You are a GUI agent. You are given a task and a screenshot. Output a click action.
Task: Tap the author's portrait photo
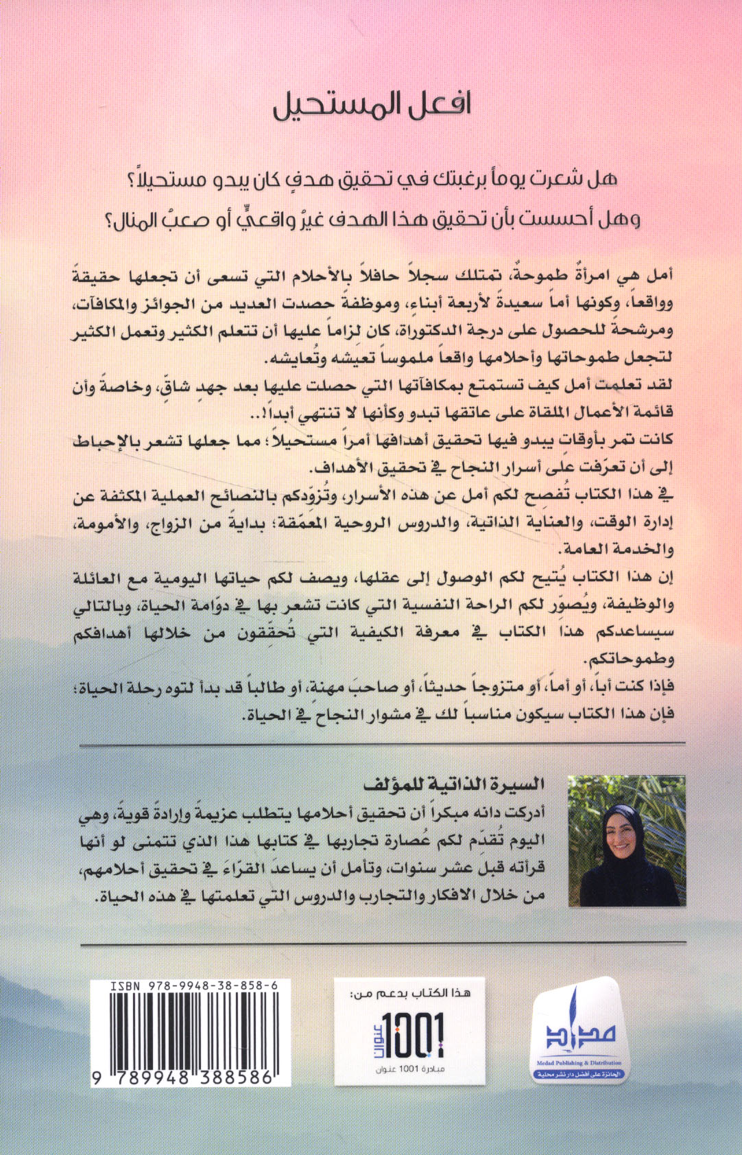tap(627, 841)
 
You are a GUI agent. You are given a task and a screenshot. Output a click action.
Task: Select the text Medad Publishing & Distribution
tap(579, 1063)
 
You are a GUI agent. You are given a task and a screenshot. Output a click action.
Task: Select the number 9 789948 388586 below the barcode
tap(184, 1077)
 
